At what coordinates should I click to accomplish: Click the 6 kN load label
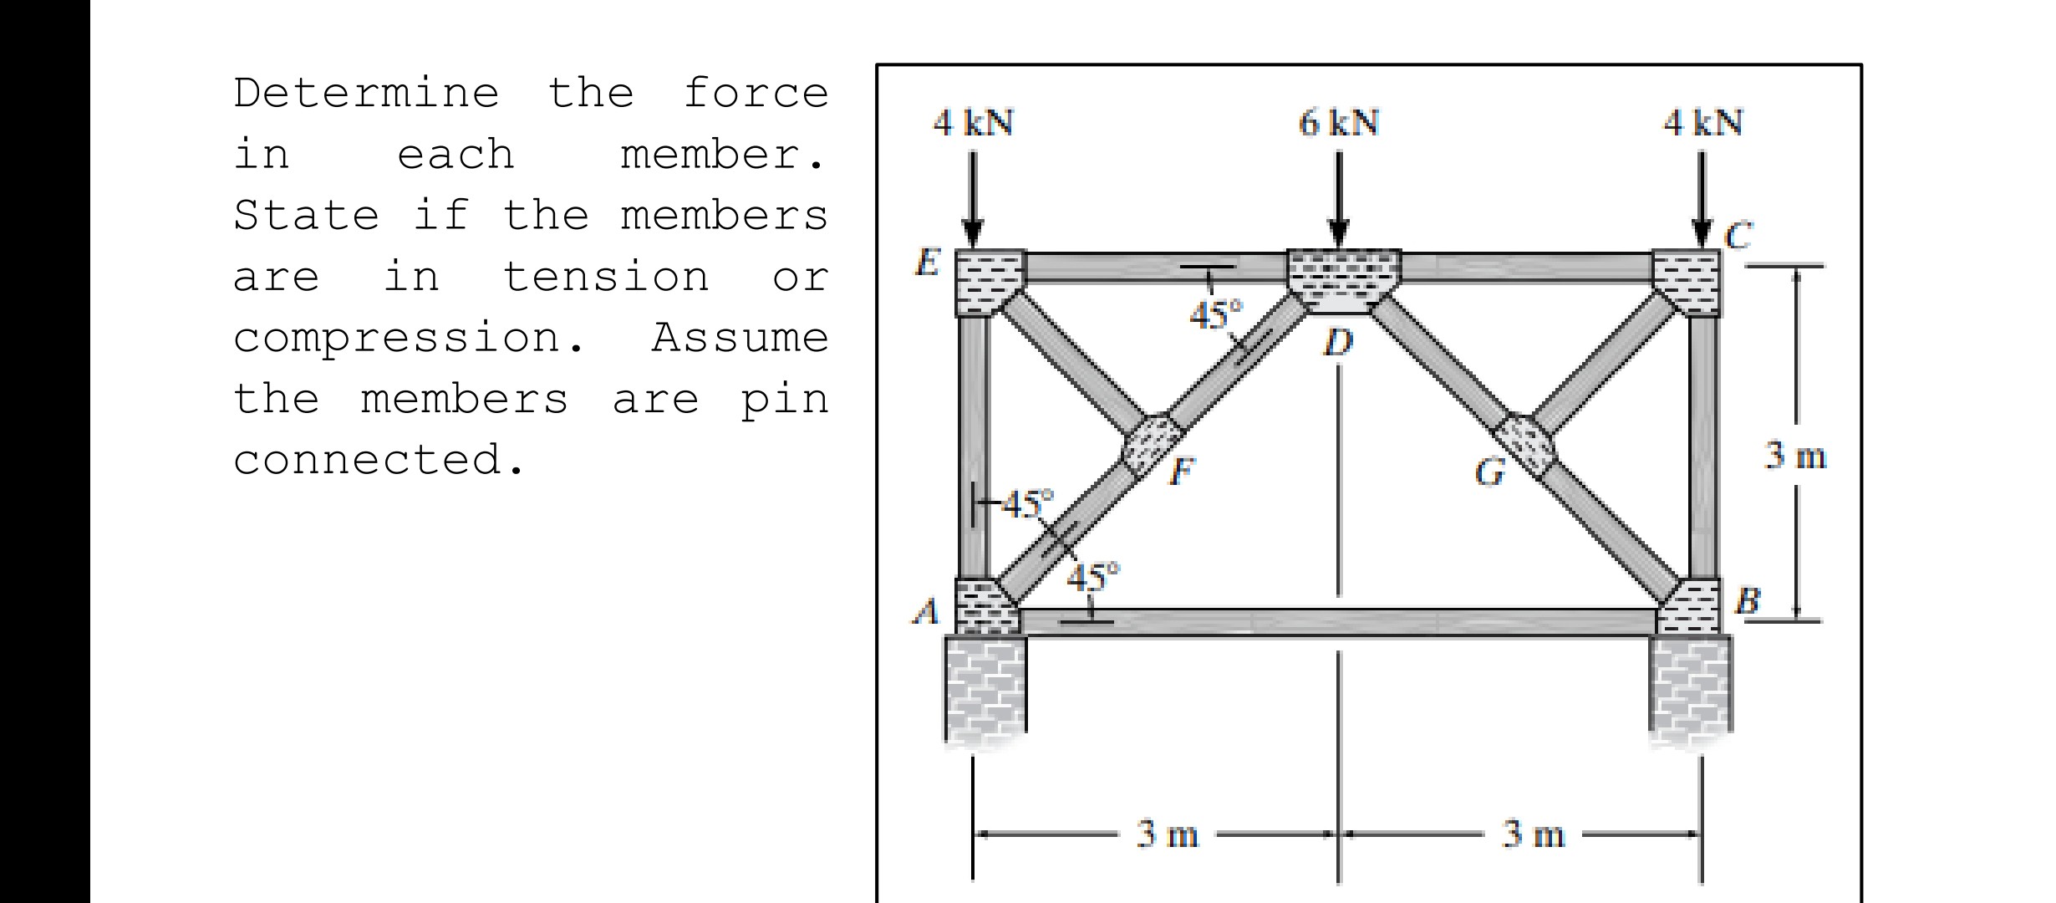[x=1338, y=123]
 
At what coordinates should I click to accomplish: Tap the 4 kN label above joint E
[x=973, y=123]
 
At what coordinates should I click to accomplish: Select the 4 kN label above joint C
[x=1702, y=123]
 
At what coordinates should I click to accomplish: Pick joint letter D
[x=1338, y=342]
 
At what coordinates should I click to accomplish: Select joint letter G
[x=1489, y=472]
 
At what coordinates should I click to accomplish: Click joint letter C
[x=1738, y=235]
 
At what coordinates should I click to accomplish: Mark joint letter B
[x=1748, y=600]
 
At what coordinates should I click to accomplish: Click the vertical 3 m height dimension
[x=1795, y=457]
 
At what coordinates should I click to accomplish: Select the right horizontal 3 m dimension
[x=1533, y=834]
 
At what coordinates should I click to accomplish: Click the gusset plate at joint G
[x=1526, y=443]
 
